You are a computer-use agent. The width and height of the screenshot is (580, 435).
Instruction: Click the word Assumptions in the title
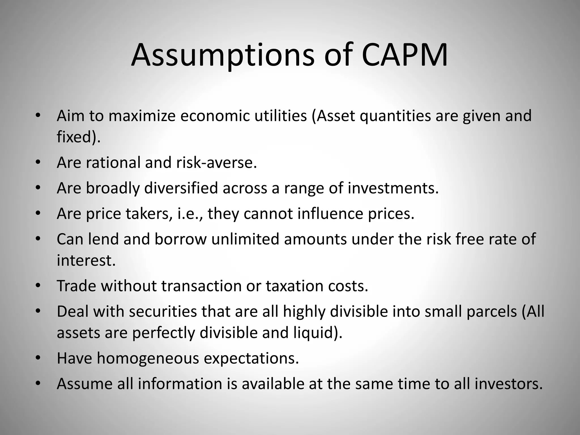[223, 56]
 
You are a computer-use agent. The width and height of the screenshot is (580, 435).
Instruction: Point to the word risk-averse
[216, 163]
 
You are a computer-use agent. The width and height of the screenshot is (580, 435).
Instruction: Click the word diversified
[181, 188]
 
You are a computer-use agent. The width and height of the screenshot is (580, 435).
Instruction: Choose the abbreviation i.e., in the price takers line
[190, 214]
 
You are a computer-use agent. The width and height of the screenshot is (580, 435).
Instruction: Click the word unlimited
[245, 239]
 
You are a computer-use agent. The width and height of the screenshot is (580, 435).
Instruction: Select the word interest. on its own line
[86, 260]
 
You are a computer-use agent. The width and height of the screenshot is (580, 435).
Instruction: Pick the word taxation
[295, 286]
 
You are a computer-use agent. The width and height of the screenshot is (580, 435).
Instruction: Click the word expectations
[251, 359]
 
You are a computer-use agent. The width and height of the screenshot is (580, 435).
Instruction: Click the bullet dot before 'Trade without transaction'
[39, 286]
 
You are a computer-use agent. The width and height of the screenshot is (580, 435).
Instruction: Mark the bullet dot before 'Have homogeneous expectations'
[39, 358]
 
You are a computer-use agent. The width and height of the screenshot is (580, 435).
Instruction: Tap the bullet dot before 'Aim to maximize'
[39, 116]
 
